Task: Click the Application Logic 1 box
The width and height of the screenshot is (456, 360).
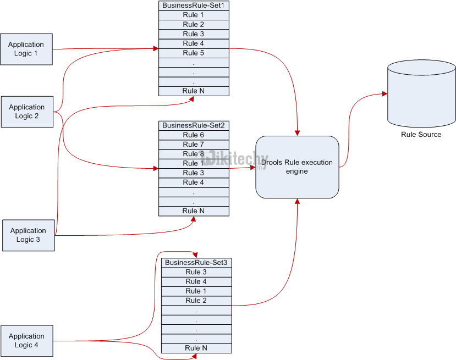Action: point(26,49)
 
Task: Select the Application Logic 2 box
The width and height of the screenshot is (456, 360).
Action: point(26,112)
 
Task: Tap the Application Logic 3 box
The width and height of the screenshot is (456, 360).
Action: point(28,235)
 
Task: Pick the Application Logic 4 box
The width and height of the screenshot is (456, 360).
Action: point(26,341)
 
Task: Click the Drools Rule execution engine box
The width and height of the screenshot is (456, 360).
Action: point(297,167)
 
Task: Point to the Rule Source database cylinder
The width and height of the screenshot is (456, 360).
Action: point(421,93)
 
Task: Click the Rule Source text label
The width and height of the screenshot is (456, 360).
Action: point(421,135)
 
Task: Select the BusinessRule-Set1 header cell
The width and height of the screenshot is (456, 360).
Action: point(194,5)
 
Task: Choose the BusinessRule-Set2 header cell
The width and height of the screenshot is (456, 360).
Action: point(194,126)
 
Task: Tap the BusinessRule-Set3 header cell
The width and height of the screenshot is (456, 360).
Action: point(196,263)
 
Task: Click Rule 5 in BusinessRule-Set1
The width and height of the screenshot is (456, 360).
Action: point(194,53)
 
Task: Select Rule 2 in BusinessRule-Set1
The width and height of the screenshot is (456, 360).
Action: point(194,25)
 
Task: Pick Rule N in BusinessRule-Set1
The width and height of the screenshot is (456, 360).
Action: point(194,91)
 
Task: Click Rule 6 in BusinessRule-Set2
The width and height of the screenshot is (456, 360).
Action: point(194,135)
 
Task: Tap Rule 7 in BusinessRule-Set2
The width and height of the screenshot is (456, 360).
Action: point(194,145)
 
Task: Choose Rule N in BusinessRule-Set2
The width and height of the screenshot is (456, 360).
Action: point(194,211)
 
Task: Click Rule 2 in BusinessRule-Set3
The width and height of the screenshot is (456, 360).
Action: point(196,301)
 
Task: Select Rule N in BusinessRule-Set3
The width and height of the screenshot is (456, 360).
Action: point(196,348)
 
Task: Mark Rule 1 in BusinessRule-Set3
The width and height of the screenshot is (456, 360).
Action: point(196,291)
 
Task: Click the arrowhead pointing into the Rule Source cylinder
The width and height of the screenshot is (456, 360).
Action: point(384,94)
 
